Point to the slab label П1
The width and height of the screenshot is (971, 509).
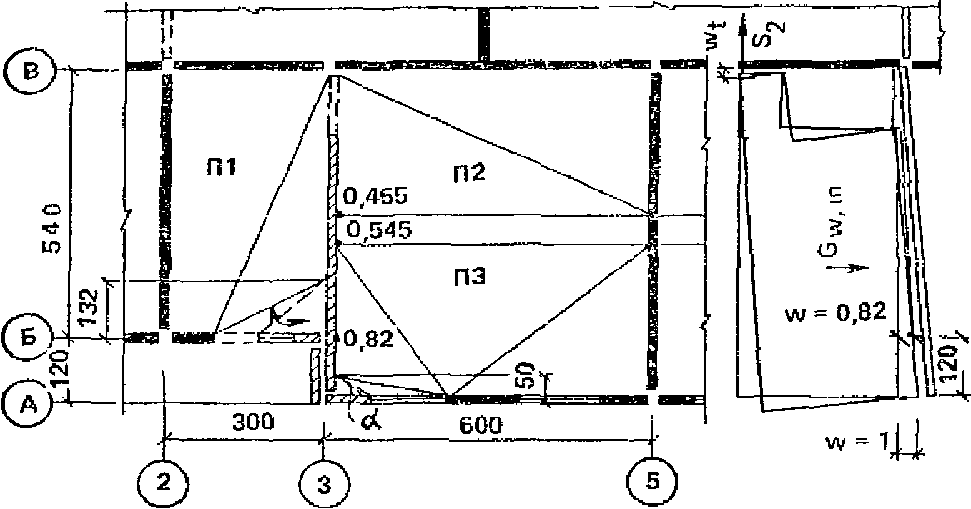point(222,167)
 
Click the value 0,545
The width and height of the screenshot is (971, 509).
point(380,230)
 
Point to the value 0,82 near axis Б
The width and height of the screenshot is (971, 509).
point(369,339)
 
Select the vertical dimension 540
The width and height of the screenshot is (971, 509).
point(55,227)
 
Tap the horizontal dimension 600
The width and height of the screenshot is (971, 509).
point(481,426)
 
